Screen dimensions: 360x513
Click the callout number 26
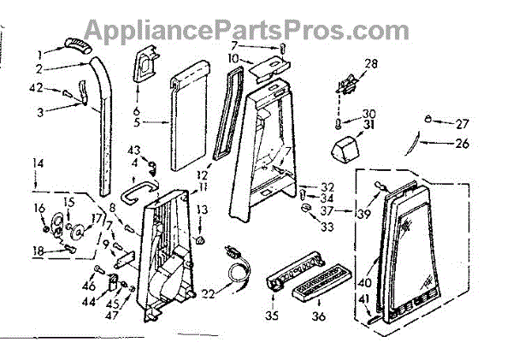(463, 143)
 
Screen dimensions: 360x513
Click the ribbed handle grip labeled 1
(75, 44)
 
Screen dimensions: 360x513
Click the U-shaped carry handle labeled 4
(139, 189)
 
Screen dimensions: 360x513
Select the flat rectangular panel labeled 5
(188, 120)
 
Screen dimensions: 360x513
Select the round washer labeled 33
(307, 209)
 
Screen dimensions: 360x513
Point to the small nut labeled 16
(43, 226)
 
